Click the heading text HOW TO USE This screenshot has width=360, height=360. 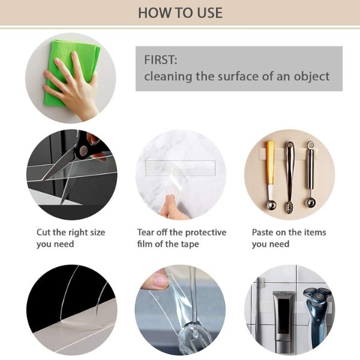pyautogui.click(x=180, y=13)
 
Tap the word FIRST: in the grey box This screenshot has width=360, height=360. pyautogui.click(x=161, y=60)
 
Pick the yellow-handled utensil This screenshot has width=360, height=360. pyautogui.click(x=270, y=175)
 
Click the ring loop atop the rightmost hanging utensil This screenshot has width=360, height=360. pyautogui.click(x=310, y=145)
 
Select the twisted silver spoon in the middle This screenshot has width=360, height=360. pyautogui.click(x=289, y=177)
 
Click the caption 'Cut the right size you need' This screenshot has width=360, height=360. pyautogui.click(x=71, y=238)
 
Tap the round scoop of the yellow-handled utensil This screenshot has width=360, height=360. pyautogui.click(x=271, y=205)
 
